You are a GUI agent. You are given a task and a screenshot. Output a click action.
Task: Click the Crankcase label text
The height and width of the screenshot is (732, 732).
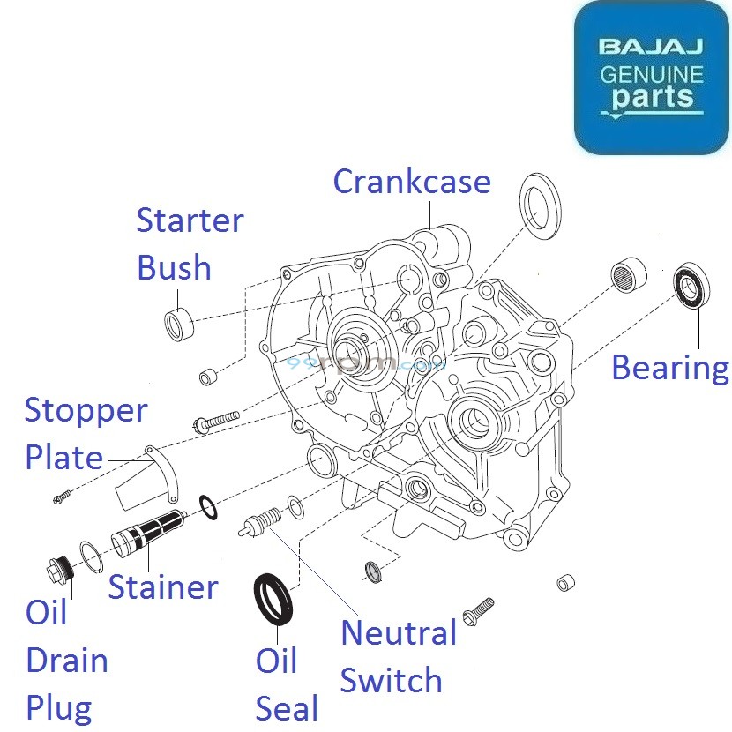(411, 181)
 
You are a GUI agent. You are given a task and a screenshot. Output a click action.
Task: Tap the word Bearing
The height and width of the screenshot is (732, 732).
(669, 367)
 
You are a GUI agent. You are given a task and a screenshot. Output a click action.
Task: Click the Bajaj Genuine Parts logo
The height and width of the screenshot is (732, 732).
(652, 78)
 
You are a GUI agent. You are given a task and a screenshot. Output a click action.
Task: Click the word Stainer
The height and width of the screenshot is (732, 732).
(162, 586)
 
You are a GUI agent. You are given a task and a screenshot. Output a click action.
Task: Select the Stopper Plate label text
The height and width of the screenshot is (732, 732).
(86, 434)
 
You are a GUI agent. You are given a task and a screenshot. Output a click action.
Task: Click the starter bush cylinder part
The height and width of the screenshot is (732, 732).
(181, 324)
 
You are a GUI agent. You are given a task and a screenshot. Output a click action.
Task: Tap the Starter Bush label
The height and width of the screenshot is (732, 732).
(189, 243)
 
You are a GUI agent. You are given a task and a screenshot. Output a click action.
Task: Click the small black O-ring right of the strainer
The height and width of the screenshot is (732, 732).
(208, 509)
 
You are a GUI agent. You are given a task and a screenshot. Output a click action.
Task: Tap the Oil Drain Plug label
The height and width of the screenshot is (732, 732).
(66, 660)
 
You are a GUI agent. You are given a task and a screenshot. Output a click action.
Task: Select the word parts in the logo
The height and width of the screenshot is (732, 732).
(653, 96)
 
